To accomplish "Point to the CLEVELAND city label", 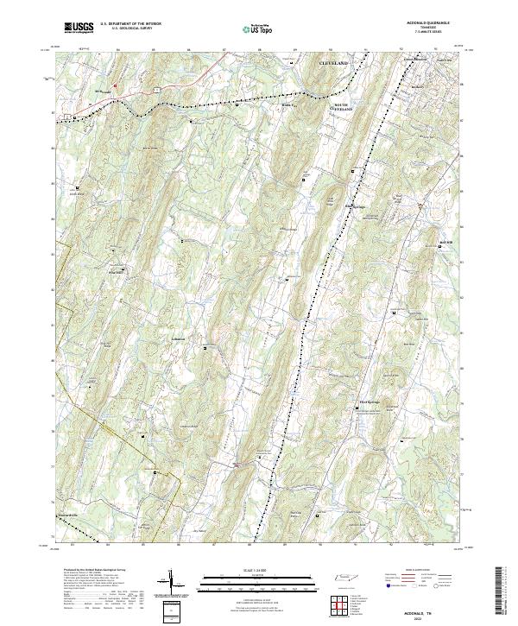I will pos(333,65).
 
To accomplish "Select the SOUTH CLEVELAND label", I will pos(345,108).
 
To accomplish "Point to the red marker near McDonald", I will pos(113,85).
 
